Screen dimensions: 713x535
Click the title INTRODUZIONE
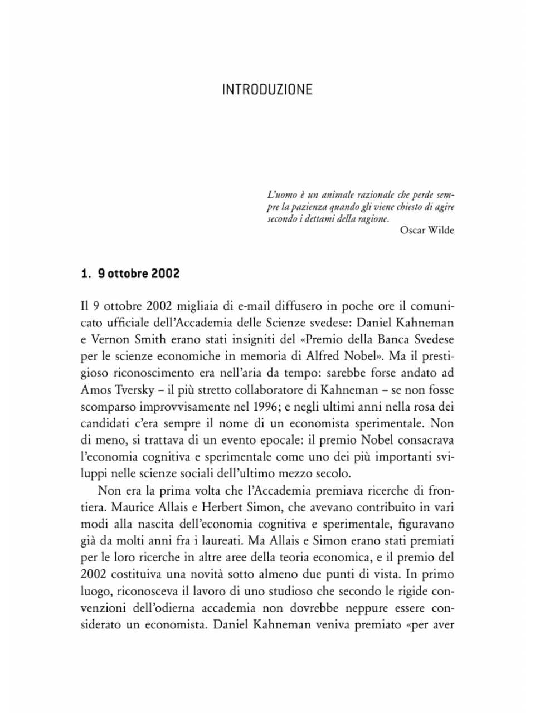pos(267,90)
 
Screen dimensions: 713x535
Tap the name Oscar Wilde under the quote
pos(427,231)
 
